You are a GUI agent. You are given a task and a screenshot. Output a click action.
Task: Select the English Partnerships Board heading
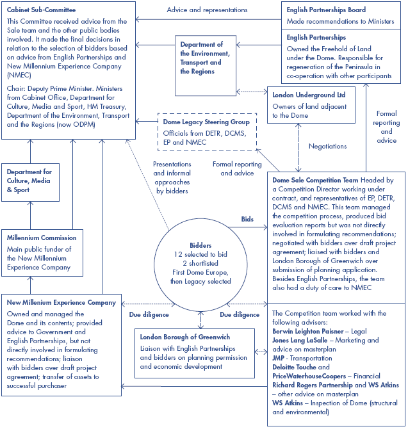point(325,10)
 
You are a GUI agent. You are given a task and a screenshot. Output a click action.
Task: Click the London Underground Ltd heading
point(309,94)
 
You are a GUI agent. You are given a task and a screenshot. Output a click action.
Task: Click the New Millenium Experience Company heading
point(61,302)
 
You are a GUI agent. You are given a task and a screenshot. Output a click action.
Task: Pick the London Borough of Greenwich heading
point(185,337)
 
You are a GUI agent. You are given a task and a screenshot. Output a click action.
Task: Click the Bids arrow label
point(247,219)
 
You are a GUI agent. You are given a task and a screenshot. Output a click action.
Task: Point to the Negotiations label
point(327,147)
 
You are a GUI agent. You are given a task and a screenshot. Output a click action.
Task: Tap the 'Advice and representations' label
point(207,10)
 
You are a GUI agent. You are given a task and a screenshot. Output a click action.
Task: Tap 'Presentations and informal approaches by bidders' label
point(172,177)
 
